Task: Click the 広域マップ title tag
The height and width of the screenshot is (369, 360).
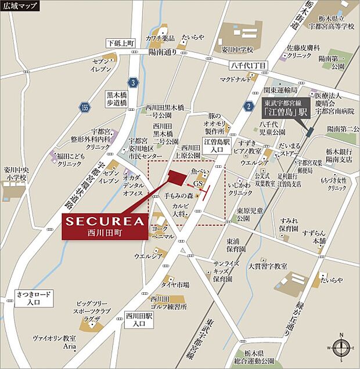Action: pyautogui.click(x=20, y=6)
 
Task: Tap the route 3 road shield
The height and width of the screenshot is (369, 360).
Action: pyautogui.click(x=134, y=83)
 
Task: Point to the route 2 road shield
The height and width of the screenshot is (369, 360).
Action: pyautogui.click(x=249, y=106)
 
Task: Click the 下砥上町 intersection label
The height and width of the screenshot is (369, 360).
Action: pyautogui.click(x=121, y=44)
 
